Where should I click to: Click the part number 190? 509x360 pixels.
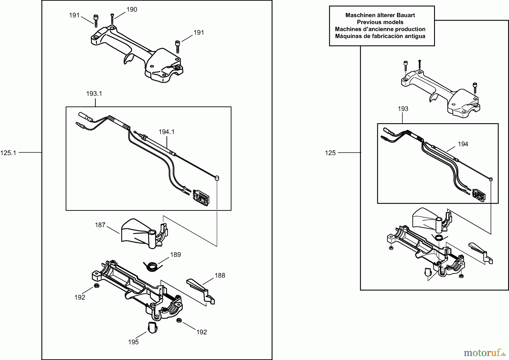[x=132, y=10]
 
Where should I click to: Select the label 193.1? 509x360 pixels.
[x=94, y=94]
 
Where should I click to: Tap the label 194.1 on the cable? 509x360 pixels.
[x=167, y=132]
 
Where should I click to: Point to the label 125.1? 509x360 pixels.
[x=8, y=153]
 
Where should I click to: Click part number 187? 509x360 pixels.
[x=100, y=225]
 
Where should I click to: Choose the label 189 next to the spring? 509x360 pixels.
[x=175, y=255]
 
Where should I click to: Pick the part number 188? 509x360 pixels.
[x=220, y=275]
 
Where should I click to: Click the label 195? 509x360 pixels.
[x=133, y=342]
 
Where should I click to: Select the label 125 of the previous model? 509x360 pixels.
[x=330, y=153]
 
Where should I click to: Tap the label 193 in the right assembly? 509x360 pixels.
[x=403, y=109]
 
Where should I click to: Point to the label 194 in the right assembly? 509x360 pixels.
[x=463, y=144]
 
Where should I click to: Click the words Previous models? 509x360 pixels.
[x=380, y=22]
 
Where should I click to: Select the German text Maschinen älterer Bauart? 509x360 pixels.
[x=380, y=15]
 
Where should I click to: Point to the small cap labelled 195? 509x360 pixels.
[x=152, y=327]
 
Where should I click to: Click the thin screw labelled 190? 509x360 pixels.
[x=112, y=18]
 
